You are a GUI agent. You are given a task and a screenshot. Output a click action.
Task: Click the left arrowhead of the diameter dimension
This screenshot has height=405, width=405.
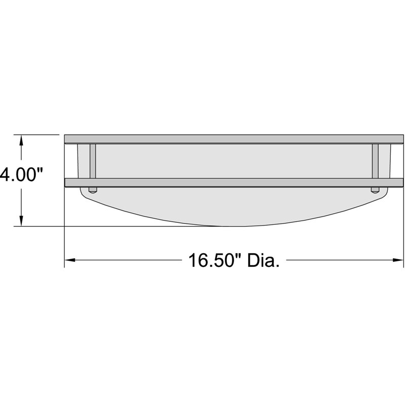pyautogui.click(x=69, y=261)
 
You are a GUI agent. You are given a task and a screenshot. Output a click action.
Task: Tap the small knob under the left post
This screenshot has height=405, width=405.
pyautogui.click(x=93, y=190)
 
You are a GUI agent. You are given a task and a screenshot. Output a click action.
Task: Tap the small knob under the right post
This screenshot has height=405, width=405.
pyautogui.click(x=375, y=190)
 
